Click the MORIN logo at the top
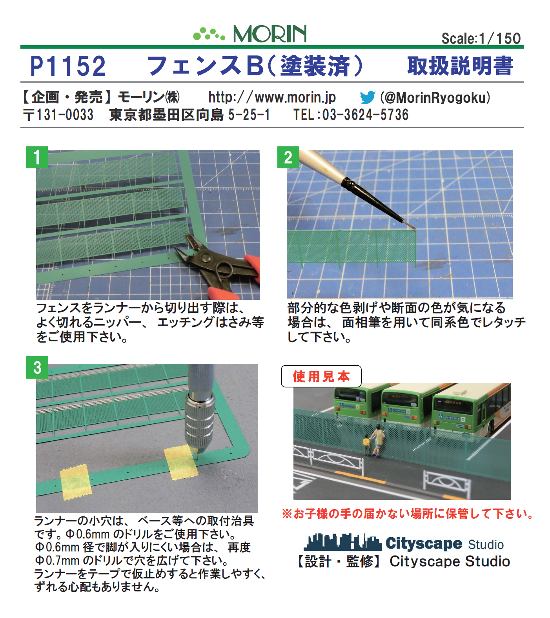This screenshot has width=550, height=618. (x=250, y=34)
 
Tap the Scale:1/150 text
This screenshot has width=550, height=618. (x=481, y=38)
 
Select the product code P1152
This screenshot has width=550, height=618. (x=68, y=66)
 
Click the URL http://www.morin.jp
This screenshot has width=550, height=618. (x=272, y=97)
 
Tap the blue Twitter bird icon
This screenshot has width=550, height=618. (x=368, y=97)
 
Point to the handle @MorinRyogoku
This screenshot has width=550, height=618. (x=435, y=97)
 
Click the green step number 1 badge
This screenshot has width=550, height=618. (x=37, y=157)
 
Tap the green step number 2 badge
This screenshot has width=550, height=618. (x=288, y=157)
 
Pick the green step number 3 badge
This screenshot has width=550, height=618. (x=37, y=368)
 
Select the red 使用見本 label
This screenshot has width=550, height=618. (x=321, y=377)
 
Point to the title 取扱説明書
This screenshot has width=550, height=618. (x=460, y=66)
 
